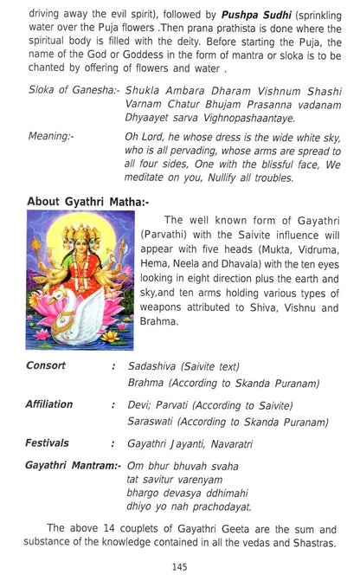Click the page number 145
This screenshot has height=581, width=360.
pos(180,566)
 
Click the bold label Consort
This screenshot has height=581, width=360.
pos(46,366)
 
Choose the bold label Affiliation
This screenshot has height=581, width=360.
pos(50,404)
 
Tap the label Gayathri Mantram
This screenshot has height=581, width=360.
pos(73,465)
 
